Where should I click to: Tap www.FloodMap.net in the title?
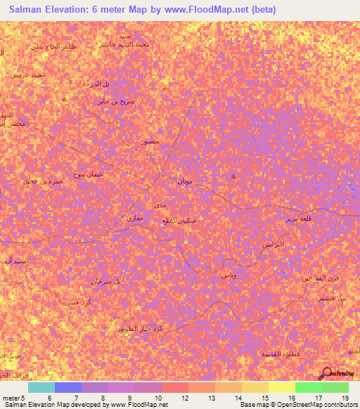(205, 10)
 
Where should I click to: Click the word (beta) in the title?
(260, 10)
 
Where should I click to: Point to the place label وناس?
(228, 275)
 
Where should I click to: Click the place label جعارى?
(134, 220)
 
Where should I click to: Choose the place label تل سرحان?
(105, 281)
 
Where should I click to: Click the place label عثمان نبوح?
(90, 174)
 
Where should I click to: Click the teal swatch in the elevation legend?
(41, 387)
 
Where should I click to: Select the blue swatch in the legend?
(68, 387)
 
